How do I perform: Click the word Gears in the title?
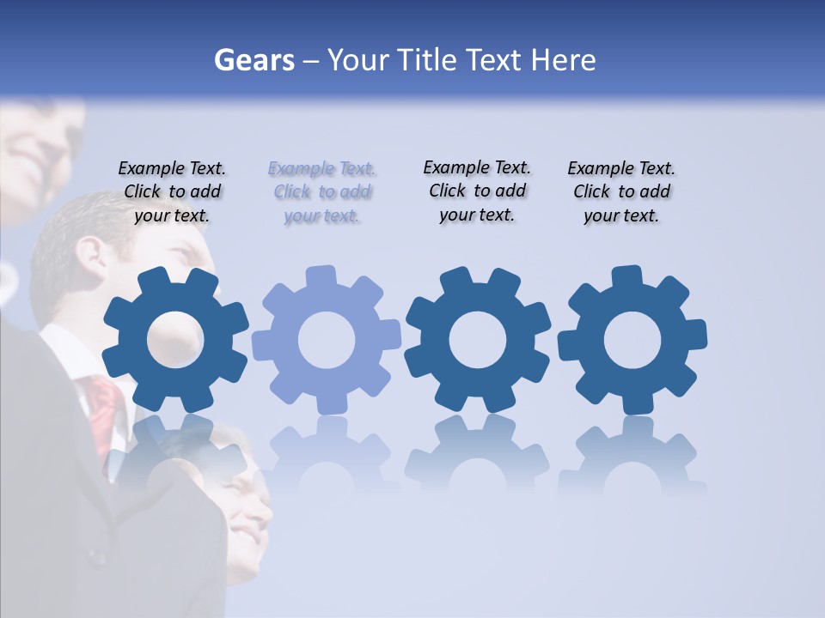click(254, 60)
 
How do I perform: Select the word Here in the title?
click(564, 60)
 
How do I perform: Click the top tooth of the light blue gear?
click(321, 277)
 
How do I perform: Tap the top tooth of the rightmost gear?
click(626, 277)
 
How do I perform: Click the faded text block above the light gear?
click(321, 192)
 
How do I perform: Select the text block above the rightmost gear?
click(621, 192)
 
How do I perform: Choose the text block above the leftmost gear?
click(172, 192)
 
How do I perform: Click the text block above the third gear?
click(477, 191)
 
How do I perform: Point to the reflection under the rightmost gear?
click(632, 455)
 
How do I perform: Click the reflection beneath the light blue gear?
click(327, 455)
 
